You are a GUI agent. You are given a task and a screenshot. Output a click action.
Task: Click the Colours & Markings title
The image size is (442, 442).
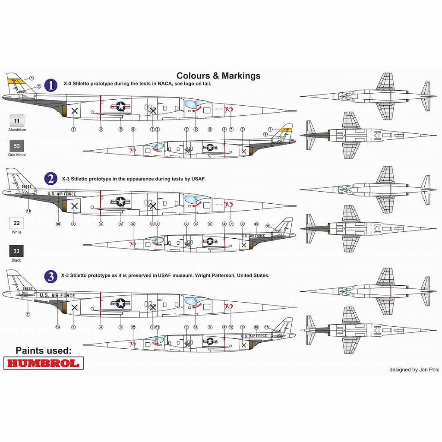tap(218, 76)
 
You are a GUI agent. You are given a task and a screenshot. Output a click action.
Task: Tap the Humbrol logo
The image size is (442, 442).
tap(44, 363)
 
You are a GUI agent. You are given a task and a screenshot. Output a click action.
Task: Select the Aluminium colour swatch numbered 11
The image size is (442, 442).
tap(17, 121)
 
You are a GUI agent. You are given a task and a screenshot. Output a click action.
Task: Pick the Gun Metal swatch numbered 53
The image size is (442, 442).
tap(17, 146)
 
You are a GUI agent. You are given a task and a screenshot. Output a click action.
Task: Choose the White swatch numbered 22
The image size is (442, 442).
tap(17, 223)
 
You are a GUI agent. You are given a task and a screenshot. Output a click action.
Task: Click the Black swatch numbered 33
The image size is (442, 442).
tap(17, 251)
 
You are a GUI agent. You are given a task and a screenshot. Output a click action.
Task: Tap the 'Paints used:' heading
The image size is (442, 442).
tap(44, 350)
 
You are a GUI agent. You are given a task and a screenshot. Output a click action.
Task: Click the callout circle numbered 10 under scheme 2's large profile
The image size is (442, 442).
tap(58, 224)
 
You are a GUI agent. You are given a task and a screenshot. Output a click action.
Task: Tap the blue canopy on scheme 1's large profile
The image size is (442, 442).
tap(194, 105)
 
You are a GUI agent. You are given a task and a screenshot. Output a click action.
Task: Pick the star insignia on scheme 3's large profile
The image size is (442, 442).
tap(120, 303)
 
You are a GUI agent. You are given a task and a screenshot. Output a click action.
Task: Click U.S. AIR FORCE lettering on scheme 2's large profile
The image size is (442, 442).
tap(61, 194)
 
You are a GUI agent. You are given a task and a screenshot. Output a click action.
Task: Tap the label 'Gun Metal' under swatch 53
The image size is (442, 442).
tap(17, 155)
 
